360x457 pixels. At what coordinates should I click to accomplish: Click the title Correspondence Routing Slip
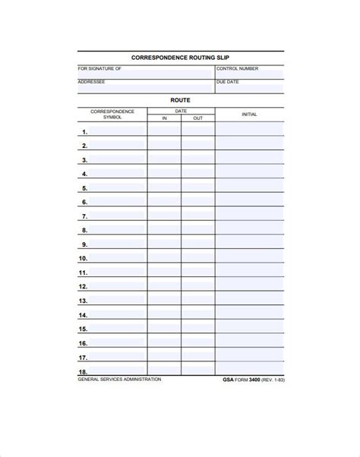point(180,57)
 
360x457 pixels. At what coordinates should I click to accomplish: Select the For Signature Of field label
point(99,68)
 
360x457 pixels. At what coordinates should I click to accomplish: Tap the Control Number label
point(237,68)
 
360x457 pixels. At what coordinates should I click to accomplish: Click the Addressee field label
point(91,81)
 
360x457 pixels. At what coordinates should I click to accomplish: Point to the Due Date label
point(228,81)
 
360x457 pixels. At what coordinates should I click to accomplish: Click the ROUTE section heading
point(180,99)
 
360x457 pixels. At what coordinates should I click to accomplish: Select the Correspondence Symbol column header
point(112,115)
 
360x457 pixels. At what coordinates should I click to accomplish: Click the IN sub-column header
point(164,118)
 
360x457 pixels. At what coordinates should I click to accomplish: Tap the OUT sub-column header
point(197,118)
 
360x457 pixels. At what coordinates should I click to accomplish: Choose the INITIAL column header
point(249,115)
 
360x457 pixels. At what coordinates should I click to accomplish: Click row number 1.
point(84,132)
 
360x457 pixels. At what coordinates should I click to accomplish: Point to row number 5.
point(84,188)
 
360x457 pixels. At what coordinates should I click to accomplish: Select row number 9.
point(84,244)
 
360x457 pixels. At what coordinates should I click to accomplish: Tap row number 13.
point(84,301)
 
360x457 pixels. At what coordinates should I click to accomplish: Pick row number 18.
point(84,371)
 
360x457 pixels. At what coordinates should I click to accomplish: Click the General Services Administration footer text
point(119,380)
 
